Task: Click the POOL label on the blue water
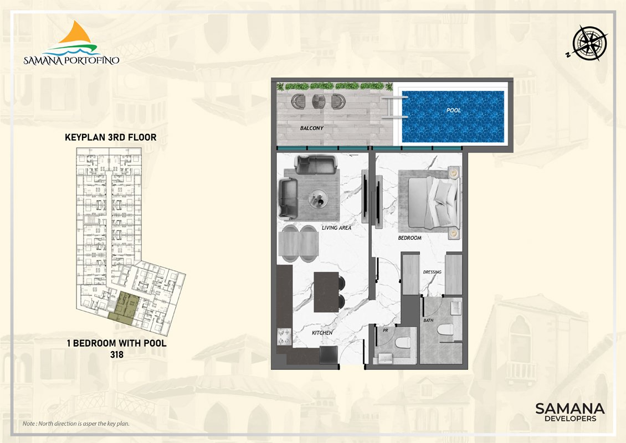pyautogui.click(x=454, y=110)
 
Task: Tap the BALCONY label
pyautogui.click(x=312, y=128)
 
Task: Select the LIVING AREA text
pyautogui.click(x=337, y=228)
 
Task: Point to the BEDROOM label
pyautogui.click(x=409, y=238)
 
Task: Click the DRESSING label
pyautogui.click(x=432, y=272)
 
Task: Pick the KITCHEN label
pyautogui.click(x=322, y=333)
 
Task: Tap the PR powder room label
pyautogui.click(x=385, y=331)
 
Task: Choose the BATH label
pyautogui.click(x=428, y=320)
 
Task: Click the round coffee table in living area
pyautogui.click(x=318, y=198)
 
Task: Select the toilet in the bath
pyautogui.click(x=445, y=330)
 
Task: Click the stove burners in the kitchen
pyautogui.click(x=284, y=337)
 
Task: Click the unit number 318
pyautogui.click(x=116, y=354)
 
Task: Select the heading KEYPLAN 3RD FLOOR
pyautogui.click(x=111, y=137)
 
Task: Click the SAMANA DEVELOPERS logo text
pyautogui.click(x=569, y=413)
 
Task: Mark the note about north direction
pyautogui.click(x=76, y=424)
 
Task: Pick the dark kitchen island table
pyautogui.click(x=326, y=292)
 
